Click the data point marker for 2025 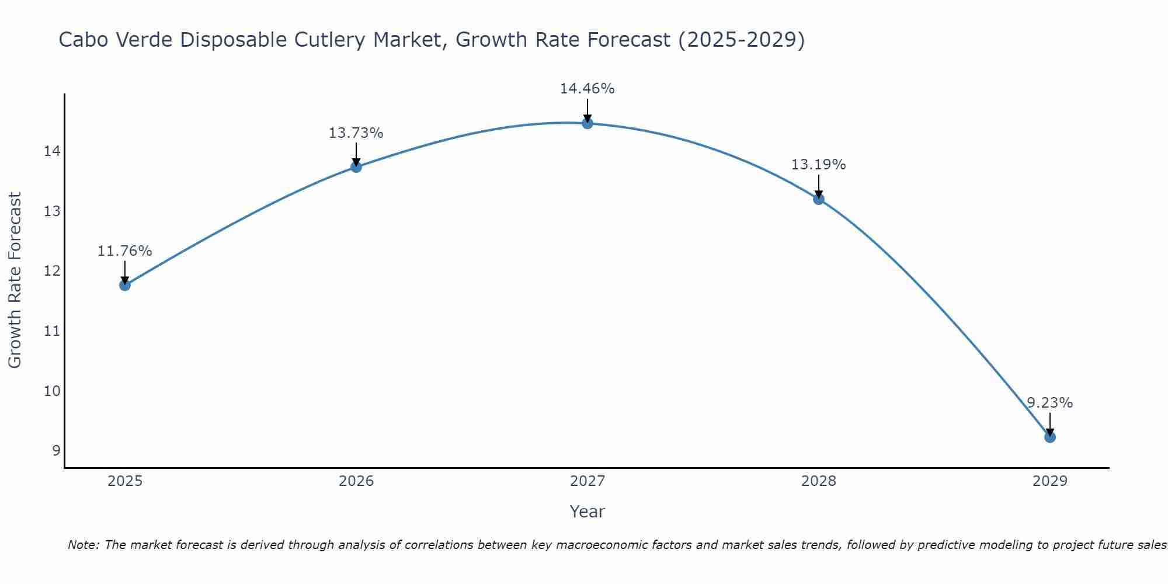pos(124,285)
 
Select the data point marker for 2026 pos(356,167)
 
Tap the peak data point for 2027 pos(588,123)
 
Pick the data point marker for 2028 pos(819,199)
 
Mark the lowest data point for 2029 pos(1050,437)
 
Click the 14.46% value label pos(587,89)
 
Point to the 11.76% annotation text pos(124,251)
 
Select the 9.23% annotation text pos(1050,403)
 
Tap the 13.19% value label pos(818,165)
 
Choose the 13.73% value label pos(356,133)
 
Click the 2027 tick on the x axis pos(588,481)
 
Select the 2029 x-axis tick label pos(1050,481)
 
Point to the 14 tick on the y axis pos(52,151)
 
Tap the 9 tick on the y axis pos(56,450)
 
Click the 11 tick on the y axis pos(52,331)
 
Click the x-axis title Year pos(587,512)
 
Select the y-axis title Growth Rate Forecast pos(15,280)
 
